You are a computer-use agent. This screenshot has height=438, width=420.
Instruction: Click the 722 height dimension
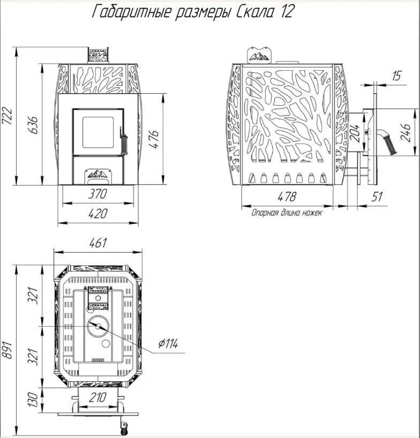(x=7, y=116)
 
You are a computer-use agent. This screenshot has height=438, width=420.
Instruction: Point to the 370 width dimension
(x=97, y=194)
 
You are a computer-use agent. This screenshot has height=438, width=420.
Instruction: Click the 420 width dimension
(x=98, y=214)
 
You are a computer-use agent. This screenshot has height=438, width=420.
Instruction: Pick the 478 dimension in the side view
(x=287, y=197)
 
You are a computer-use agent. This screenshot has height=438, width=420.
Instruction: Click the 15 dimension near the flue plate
(x=396, y=75)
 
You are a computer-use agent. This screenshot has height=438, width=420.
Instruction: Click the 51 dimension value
(x=377, y=197)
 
